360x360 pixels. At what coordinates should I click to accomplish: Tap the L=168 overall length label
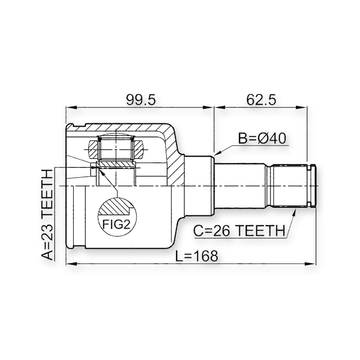pyautogui.click(x=197, y=256)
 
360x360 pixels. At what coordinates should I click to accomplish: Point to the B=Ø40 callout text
pyautogui.click(x=262, y=138)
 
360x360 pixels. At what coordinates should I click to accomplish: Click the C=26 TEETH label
pyautogui.click(x=239, y=231)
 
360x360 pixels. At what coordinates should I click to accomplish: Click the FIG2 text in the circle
pyautogui.click(x=116, y=224)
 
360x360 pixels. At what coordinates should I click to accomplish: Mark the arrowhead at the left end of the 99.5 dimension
pyautogui.click(x=71, y=108)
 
